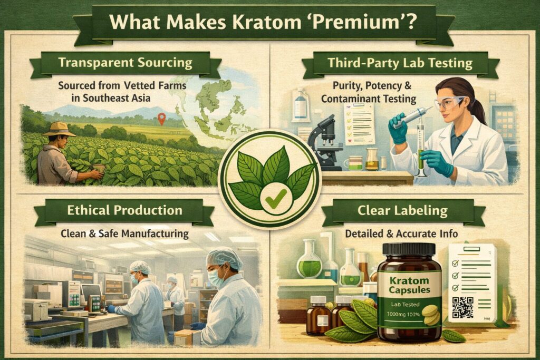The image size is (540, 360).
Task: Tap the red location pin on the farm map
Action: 161,119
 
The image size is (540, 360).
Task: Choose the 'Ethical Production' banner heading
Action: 124,210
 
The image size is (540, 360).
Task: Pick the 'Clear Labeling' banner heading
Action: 402,211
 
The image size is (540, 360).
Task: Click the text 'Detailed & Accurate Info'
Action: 401,232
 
